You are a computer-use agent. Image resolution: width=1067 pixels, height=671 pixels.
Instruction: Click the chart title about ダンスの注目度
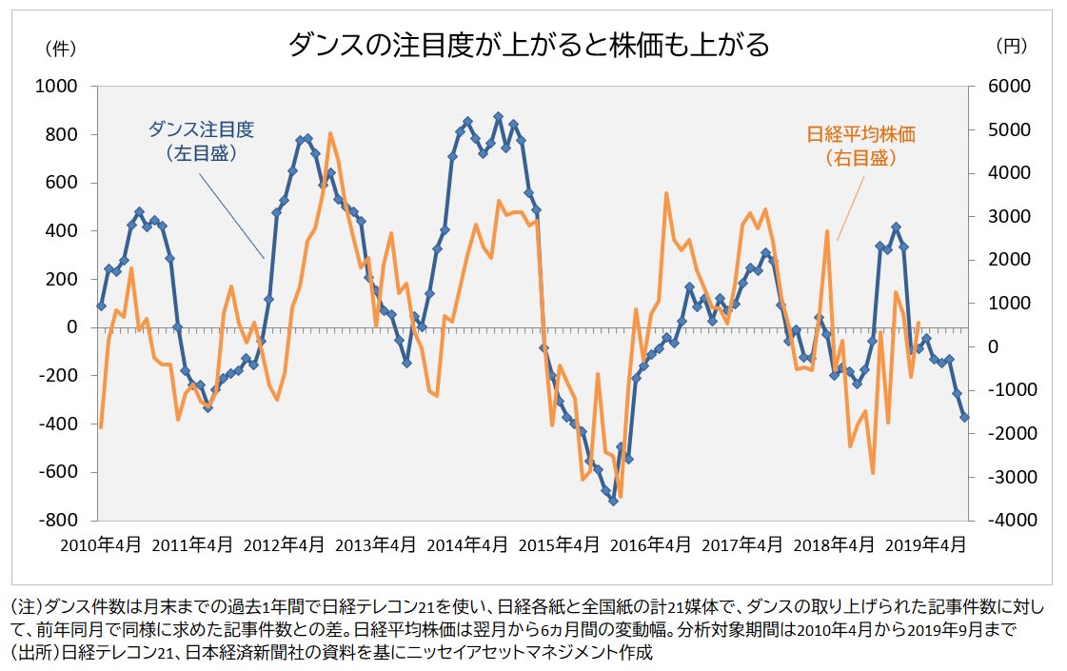[x=529, y=45]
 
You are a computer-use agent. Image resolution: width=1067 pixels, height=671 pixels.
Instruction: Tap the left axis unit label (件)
[x=60, y=46]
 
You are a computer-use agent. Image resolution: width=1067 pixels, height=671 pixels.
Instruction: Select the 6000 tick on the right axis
[x=998, y=87]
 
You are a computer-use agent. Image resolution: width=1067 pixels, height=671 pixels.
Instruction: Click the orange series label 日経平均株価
[x=860, y=134]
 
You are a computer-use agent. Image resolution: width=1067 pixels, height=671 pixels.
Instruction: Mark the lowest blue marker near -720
[x=613, y=501]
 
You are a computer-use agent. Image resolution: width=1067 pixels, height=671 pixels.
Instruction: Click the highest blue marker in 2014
[x=498, y=117]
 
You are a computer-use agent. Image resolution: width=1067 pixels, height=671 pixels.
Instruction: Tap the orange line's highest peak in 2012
[x=330, y=133]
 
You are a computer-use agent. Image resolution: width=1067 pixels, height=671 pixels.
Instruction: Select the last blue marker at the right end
[x=964, y=417]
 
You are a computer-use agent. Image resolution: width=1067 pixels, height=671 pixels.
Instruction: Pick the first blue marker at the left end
[x=101, y=306]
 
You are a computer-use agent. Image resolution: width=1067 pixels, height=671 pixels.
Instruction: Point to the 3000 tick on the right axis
[x=998, y=217]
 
